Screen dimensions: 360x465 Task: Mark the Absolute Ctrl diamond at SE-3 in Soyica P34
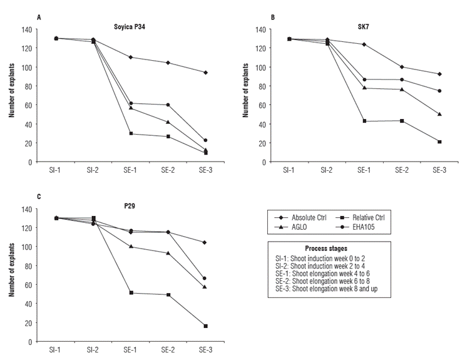pos(205,73)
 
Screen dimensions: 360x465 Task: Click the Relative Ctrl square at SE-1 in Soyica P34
pos(131,133)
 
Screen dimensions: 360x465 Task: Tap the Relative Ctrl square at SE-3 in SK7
pos(440,141)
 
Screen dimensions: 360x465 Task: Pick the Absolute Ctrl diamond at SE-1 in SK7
pos(364,44)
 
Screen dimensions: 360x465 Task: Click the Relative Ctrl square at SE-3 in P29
pos(205,326)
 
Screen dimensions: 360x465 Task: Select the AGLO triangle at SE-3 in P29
pos(205,287)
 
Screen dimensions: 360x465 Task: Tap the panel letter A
pos(38,17)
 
